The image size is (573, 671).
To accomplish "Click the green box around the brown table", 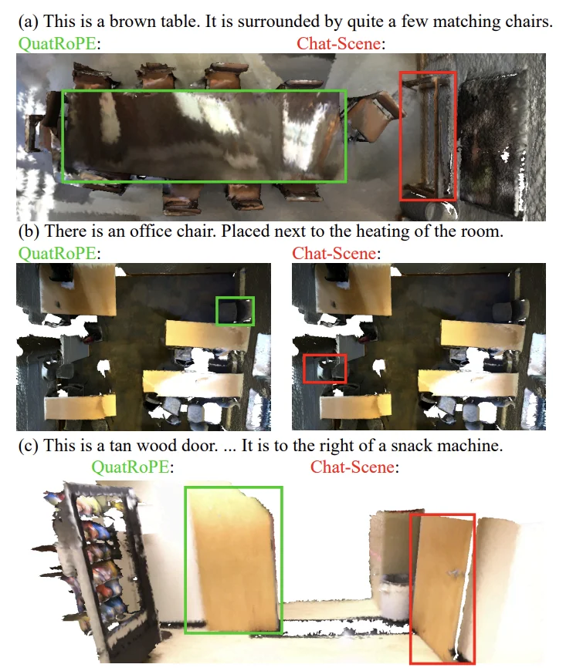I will click(x=204, y=137).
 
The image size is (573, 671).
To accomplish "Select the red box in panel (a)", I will click(x=428, y=136).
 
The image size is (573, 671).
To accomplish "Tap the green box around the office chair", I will click(x=235, y=311).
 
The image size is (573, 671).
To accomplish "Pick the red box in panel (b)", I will click(x=325, y=368).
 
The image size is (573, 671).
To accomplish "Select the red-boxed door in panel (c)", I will click(x=442, y=588).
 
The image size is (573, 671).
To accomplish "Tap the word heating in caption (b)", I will click(x=392, y=231).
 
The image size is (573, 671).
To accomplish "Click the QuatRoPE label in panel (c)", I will click(x=131, y=467).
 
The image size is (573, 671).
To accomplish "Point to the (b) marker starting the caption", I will click(x=29, y=231).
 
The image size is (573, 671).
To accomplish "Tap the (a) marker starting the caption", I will click(x=29, y=22).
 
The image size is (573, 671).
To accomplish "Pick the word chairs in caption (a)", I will click(x=532, y=22).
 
